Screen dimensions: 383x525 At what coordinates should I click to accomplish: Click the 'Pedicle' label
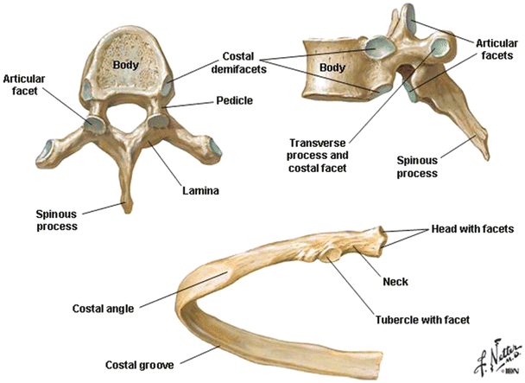tap(235, 101)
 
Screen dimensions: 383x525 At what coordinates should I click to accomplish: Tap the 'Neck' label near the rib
tap(395, 282)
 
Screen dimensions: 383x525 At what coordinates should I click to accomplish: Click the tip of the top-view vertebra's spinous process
tap(129, 207)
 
